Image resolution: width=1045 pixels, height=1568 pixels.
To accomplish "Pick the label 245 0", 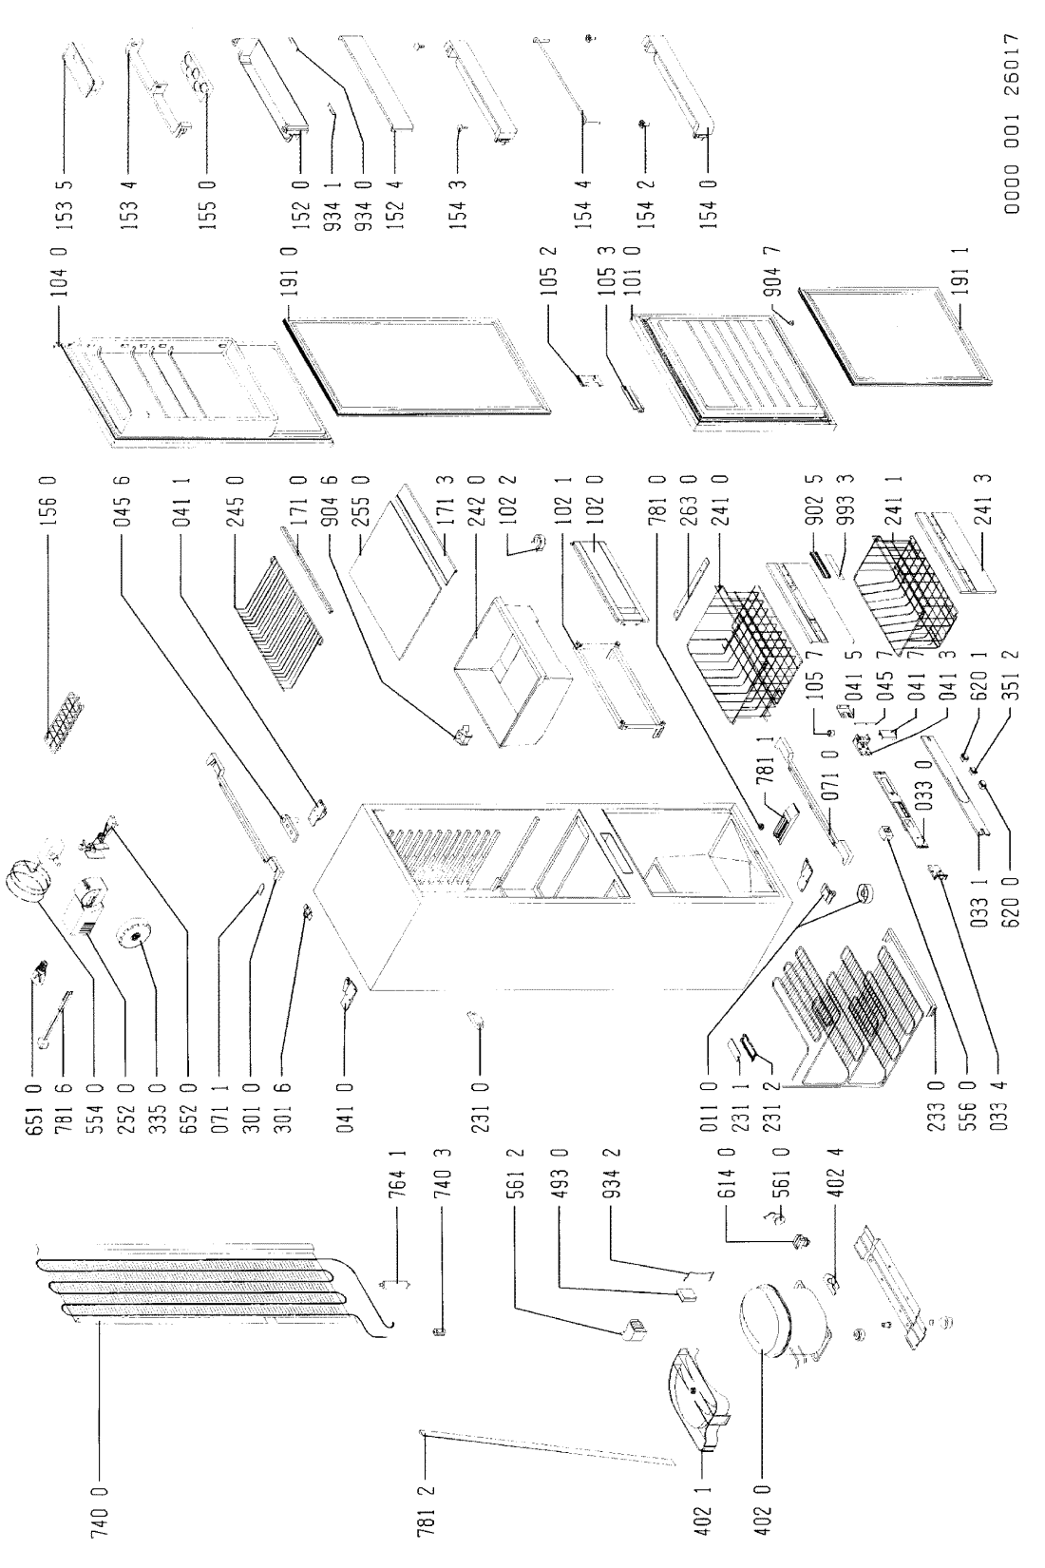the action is pyautogui.click(x=235, y=502).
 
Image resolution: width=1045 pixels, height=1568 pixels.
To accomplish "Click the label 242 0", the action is pyautogui.click(x=477, y=502).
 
